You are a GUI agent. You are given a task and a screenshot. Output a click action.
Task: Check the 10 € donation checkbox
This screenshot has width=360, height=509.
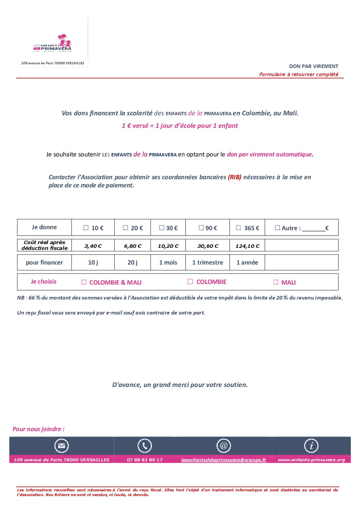tap(86, 228)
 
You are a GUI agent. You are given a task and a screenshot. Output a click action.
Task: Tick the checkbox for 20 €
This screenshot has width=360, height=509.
tap(126, 228)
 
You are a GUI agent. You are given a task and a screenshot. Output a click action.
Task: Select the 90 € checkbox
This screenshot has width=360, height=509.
tap(201, 228)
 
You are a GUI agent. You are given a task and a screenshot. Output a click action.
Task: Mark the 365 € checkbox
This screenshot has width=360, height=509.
tap(239, 228)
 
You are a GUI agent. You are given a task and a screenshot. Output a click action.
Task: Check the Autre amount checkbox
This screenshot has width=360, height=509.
tap(278, 228)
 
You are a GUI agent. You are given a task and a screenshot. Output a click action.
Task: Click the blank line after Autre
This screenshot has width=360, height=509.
tap(313, 229)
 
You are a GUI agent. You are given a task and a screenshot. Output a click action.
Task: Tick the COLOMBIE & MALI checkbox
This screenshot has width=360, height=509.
tap(84, 282)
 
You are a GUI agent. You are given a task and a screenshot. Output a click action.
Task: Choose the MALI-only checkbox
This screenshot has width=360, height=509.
tap(276, 282)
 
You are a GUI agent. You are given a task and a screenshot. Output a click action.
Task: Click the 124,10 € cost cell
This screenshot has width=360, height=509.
tap(247, 246)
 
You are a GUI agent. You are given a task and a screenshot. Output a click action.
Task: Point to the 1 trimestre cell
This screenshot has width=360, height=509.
tap(208, 262)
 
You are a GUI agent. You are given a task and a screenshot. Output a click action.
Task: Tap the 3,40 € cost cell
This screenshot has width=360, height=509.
tap(93, 246)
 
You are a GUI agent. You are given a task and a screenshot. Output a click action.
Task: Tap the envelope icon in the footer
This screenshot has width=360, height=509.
tap(62, 446)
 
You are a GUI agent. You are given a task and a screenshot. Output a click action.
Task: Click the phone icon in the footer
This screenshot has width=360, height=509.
tap(145, 446)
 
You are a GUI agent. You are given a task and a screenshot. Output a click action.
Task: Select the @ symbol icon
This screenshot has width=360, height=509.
tap(224, 446)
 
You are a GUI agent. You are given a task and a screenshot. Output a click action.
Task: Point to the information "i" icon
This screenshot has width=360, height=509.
tap(311, 446)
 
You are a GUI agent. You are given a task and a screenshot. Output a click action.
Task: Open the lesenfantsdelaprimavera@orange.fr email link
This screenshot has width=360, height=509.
tap(224, 460)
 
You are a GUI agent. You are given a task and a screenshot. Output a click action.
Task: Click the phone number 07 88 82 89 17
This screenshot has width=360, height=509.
tap(145, 460)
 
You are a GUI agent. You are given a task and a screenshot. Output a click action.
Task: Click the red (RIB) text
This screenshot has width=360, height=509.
tap(235, 177)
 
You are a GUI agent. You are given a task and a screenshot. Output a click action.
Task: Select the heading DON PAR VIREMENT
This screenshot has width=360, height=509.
tap(314, 66)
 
